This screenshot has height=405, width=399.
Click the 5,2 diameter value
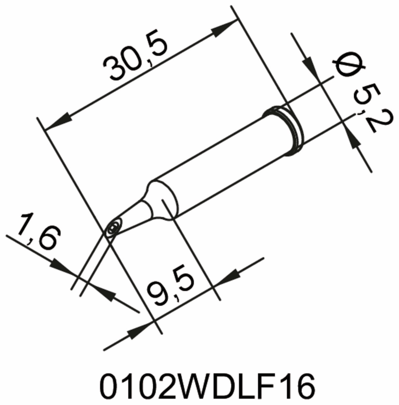tap(369, 110)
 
